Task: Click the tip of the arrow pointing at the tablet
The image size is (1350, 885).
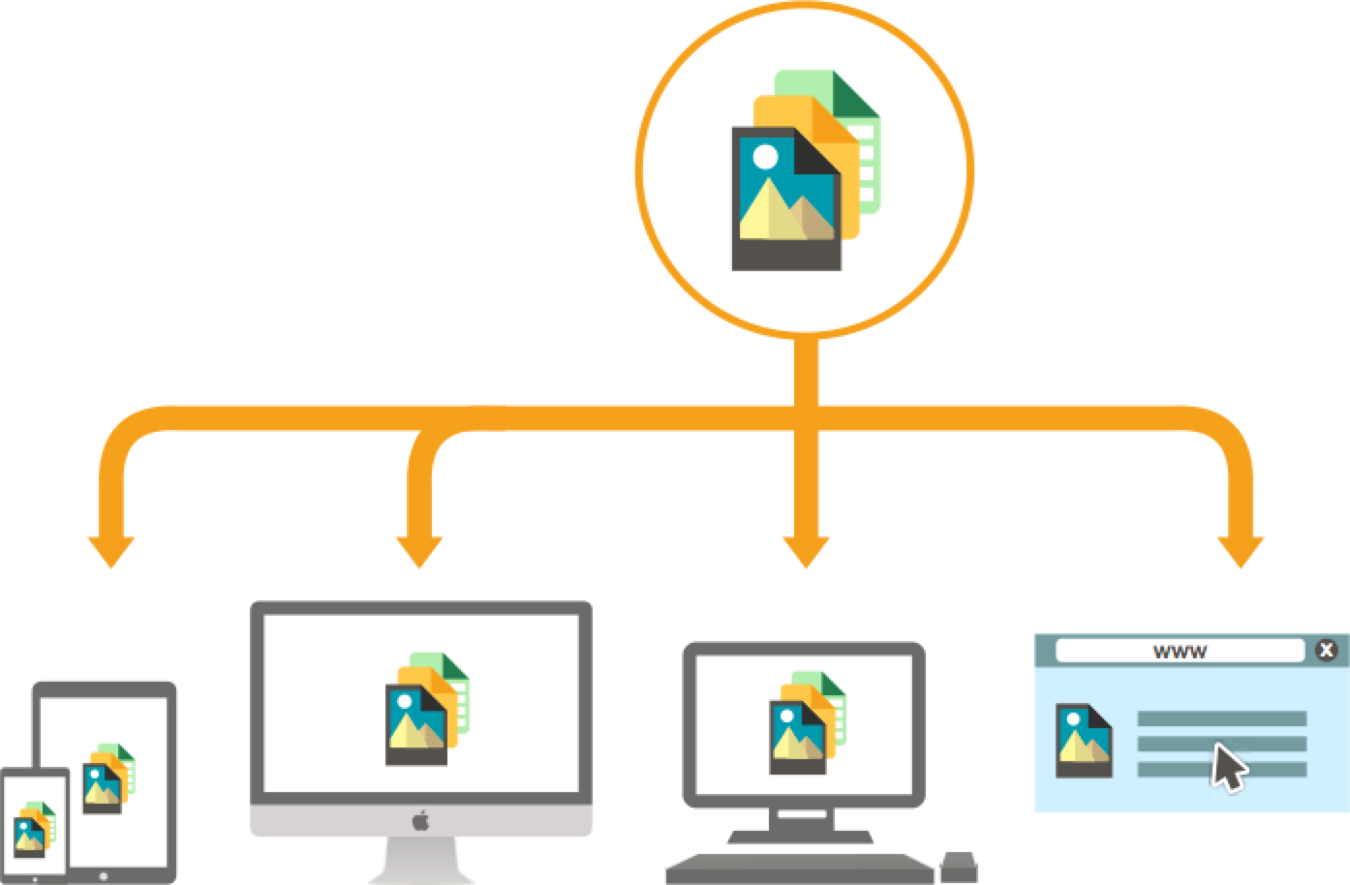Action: pyautogui.click(x=111, y=568)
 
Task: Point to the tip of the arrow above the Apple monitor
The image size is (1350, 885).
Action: pyautogui.click(x=419, y=568)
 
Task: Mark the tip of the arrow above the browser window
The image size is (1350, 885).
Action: pyautogui.click(x=1241, y=568)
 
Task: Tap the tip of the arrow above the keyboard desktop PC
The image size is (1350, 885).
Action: pyautogui.click(x=806, y=568)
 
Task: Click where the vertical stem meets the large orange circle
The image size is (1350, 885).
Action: pyautogui.click(x=806, y=335)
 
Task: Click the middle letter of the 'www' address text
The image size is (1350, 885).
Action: pyautogui.click(x=1181, y=652)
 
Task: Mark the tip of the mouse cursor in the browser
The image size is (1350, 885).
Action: pyautogui.click(x=1215, y=745)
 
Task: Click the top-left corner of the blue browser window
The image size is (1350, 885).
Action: pyautogui.click(x=1035, y=634)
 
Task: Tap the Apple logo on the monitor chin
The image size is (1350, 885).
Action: pyautogui.click(x=420, y=820)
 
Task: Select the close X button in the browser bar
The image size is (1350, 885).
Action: pyautogui.click(x=1326, y=650)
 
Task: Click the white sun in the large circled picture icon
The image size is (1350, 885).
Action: pyautogui.click(x=765, y=157)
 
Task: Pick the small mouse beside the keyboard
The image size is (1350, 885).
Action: pyautogui.click(x=960, y=867)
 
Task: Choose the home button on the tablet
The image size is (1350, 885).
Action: pyautogui.click(x=104, y=876)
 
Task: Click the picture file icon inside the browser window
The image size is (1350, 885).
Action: pyautogui.click(x=1084, y=741)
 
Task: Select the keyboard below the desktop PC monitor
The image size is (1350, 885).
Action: pyautogui.click(x=800, y=869)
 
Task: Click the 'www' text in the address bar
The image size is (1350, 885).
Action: pyautogui.click(x=1181, y=652)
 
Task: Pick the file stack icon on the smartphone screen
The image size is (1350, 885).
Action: pyautogui.click(x=34, y=829)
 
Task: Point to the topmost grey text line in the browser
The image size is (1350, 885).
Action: pyautogui.click(x=1221, y=718)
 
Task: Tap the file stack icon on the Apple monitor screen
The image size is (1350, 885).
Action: pyautogui.click(x=427, y=709)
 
